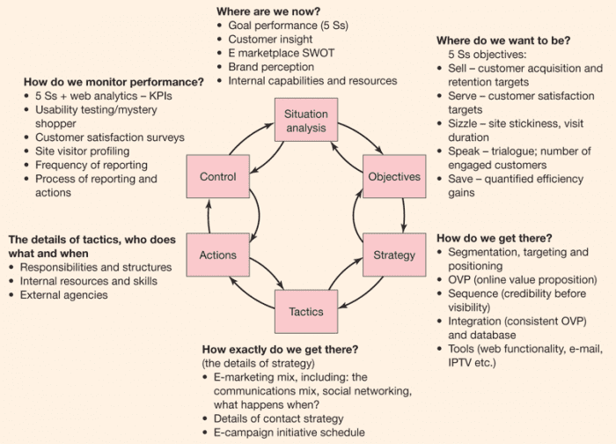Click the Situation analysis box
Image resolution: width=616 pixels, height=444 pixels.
306,121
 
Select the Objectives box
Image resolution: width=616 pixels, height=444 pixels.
393,176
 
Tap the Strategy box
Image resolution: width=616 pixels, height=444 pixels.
393,255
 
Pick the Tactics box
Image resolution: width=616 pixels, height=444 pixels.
306,311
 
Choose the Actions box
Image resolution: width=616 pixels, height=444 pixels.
217,255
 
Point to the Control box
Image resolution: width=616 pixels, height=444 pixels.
217,176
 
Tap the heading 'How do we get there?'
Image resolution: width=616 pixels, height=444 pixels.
495,238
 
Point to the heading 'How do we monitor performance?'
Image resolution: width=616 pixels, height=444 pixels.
114,82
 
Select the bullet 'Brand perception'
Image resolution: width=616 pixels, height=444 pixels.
270,67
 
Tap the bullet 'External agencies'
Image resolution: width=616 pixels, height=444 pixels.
63,295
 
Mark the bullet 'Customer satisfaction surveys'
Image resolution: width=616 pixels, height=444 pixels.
110,137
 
